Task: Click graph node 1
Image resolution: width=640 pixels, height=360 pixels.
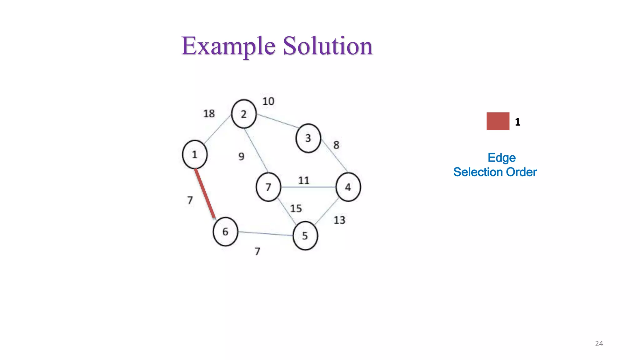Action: pyautogui.click(x=195, y=154)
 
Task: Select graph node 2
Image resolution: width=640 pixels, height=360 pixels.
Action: pyautogui.click(x=244, y=114)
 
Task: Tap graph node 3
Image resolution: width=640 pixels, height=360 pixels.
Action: pyautogui.click(x=308, y=138)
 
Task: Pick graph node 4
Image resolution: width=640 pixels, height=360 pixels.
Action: pyautogui.click(x=348, y=187)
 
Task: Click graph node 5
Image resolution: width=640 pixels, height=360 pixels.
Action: pyautogui.click(x=305, y=236)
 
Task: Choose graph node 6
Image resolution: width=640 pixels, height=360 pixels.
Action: pyautogui.click(x=225, y=232)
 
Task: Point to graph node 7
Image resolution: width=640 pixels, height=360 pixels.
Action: pyautogui.click(x=268, y=187)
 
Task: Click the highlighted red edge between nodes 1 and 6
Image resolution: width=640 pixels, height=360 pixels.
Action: pyautogui.click(x=205, y=194)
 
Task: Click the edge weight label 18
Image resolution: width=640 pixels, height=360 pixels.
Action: pyautogui.click(x=209, y=113)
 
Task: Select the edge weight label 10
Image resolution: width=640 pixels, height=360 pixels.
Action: pyautogui.click(x=268, y=101)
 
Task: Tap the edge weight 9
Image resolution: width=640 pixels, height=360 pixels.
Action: pyautogui.click(x=241, y=156)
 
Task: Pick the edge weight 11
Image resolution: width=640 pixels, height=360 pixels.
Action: pyautogui.click(x=303, y=180)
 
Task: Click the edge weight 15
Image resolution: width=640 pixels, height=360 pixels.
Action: pyautogui.click(x=296, y=208)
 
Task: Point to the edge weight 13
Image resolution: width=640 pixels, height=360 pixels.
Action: pyautogui.click(x=339, y=220)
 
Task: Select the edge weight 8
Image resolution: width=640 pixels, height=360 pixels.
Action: pyautogui.click(x=336, y=145)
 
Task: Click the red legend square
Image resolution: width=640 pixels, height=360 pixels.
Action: pyautogui.click(x=498, y=121)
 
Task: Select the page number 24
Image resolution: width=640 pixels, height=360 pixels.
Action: pyautogui.click(x=599, y=343)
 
